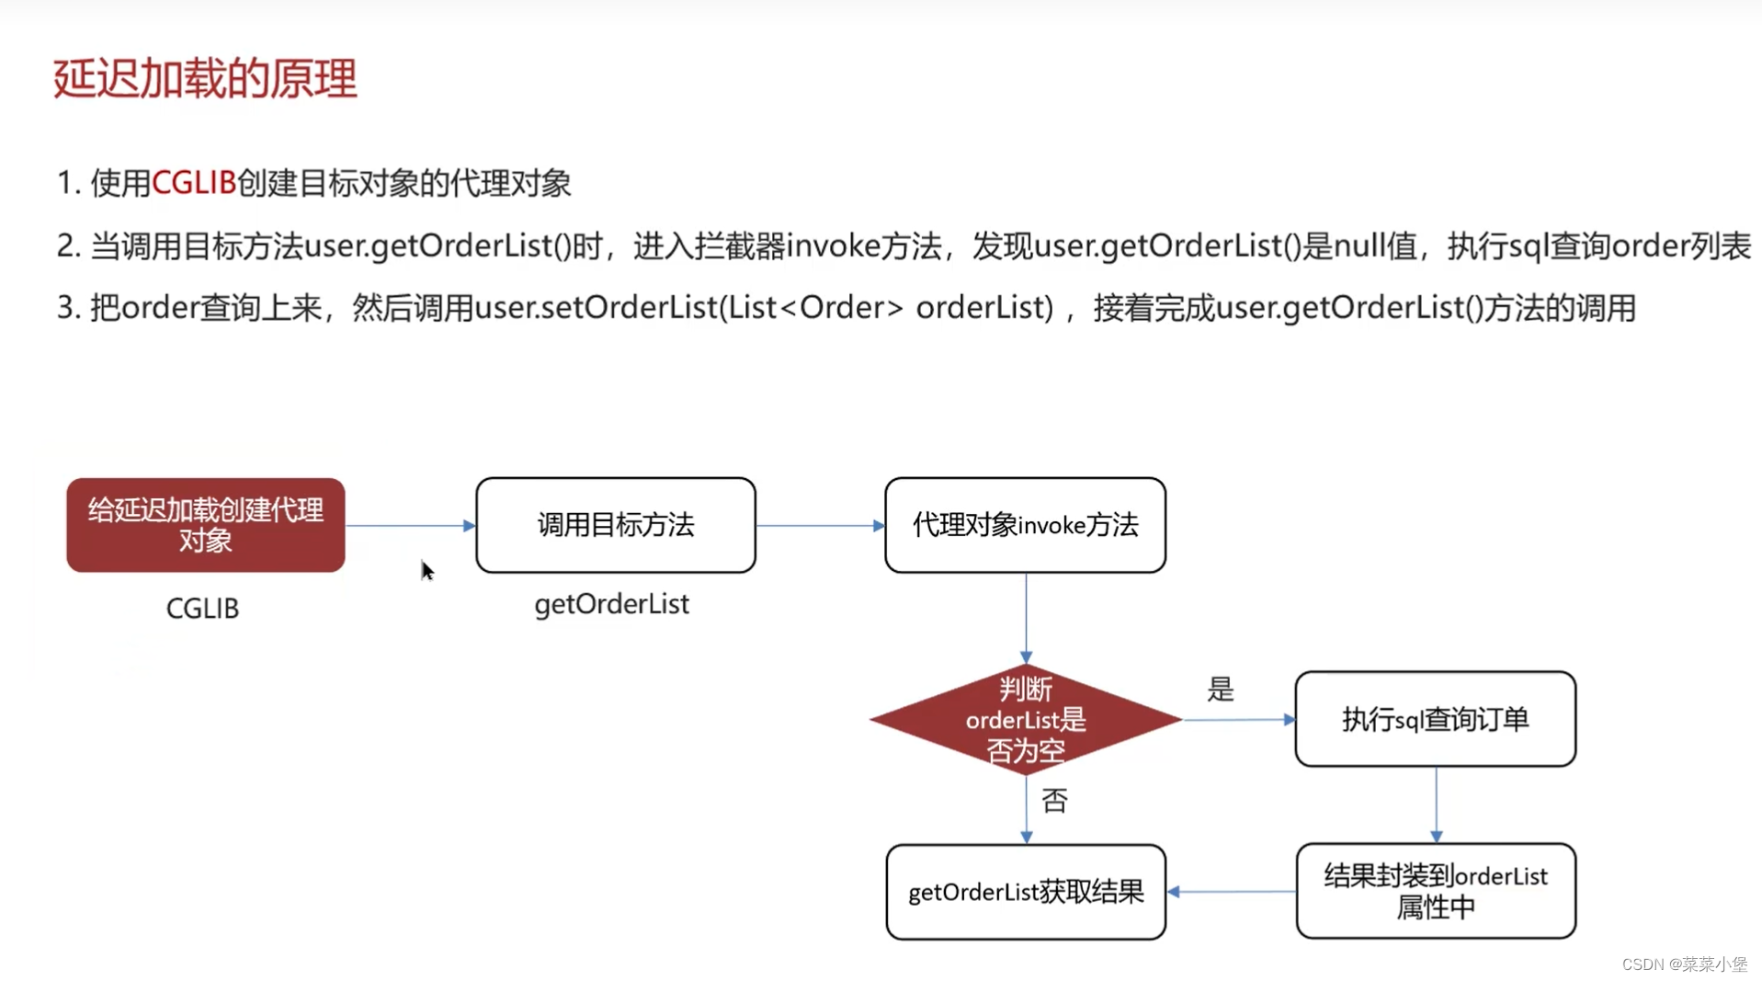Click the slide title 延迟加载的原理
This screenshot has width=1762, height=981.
click(x=205, y=78)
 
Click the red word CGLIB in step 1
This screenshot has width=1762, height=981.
click(x=194, y=183)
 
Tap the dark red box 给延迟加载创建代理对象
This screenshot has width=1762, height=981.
click(x=206, y=525)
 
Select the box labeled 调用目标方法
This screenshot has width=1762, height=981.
click(x=616, y=525)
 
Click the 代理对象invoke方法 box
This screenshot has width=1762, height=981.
click(x=1025, y=525)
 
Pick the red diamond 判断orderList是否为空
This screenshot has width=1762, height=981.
click(x=1026, y=720)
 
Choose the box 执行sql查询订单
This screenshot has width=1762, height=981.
click(x=1435, y=719)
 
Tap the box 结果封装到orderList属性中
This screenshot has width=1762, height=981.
click(x=1436, y=891)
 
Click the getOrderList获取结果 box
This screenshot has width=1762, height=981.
click(x=1026, y=892)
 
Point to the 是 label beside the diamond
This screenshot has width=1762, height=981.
click(x=1221, y=690)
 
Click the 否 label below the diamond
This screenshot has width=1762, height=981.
click(x=1055, y=801)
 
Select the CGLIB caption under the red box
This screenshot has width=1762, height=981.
click(x=202, y=609)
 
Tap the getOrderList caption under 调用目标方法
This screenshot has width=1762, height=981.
click(x=611, y=605)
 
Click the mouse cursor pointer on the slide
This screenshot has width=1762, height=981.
click(x=426, y=570)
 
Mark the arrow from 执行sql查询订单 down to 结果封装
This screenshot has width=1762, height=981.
click(x=1436, y=804)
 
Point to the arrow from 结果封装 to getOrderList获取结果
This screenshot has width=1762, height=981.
click(x=1232, y=891)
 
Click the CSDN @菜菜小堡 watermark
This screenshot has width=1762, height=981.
click(x=1684, y=964)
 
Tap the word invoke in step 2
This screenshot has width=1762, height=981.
click(x=834, y=246)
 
